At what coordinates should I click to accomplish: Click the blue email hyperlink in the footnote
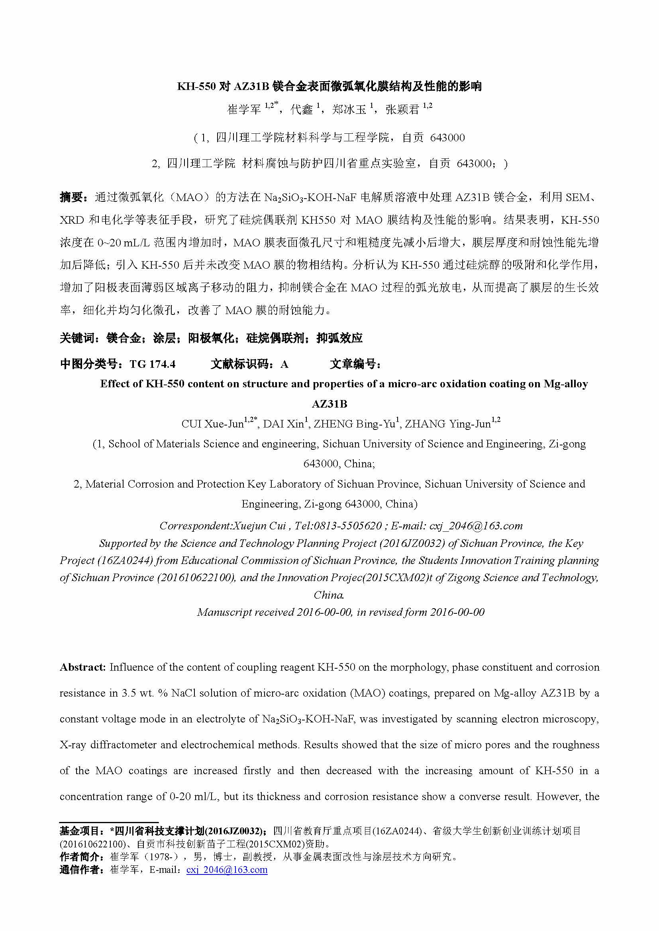click(x=227, y=870)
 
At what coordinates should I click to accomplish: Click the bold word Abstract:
click(x=83, y=668)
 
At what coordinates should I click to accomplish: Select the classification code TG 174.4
click(x=153, y=364)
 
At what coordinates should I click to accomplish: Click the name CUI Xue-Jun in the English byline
click(x=212, y=424)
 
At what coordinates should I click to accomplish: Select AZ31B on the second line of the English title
click(x=329, y=404)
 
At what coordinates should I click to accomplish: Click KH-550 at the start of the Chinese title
click(x=196, y=86)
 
